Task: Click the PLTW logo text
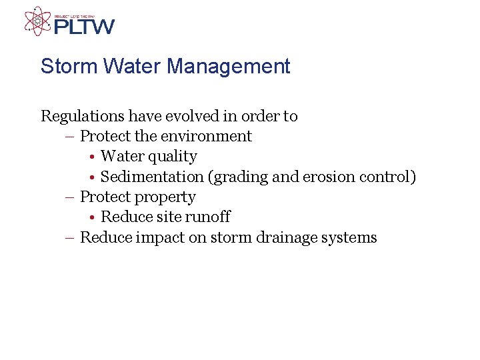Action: [x=84, y=27]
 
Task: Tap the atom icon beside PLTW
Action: [x=37, y=21]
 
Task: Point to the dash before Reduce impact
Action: [x=71, y=238]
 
